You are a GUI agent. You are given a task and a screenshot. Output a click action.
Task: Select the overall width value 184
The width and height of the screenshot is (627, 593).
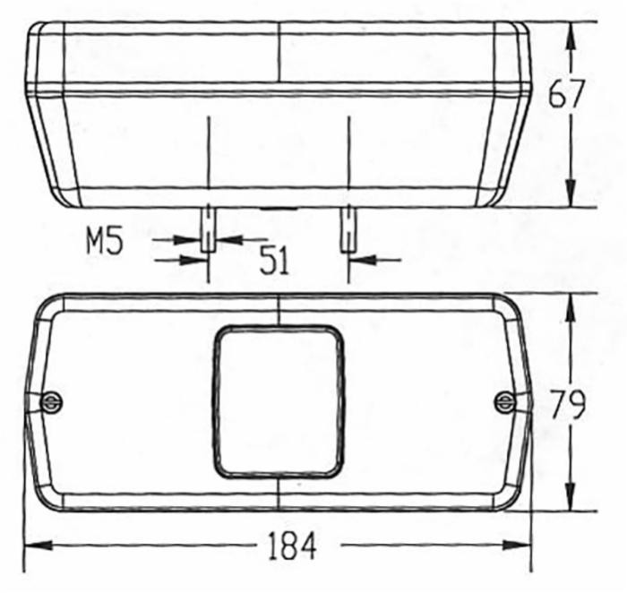(291, 546)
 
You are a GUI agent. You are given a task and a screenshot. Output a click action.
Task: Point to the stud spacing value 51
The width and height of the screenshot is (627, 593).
(274, 261)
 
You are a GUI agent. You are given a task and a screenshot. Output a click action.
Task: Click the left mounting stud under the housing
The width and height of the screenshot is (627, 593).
(208, 228)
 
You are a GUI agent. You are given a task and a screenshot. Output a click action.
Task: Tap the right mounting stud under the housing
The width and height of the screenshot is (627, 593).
(347, 228)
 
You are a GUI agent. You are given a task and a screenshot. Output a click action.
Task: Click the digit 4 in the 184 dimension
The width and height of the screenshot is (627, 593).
(307, 546)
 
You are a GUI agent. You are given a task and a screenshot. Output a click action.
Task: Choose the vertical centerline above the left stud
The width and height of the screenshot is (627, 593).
(208, 157)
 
